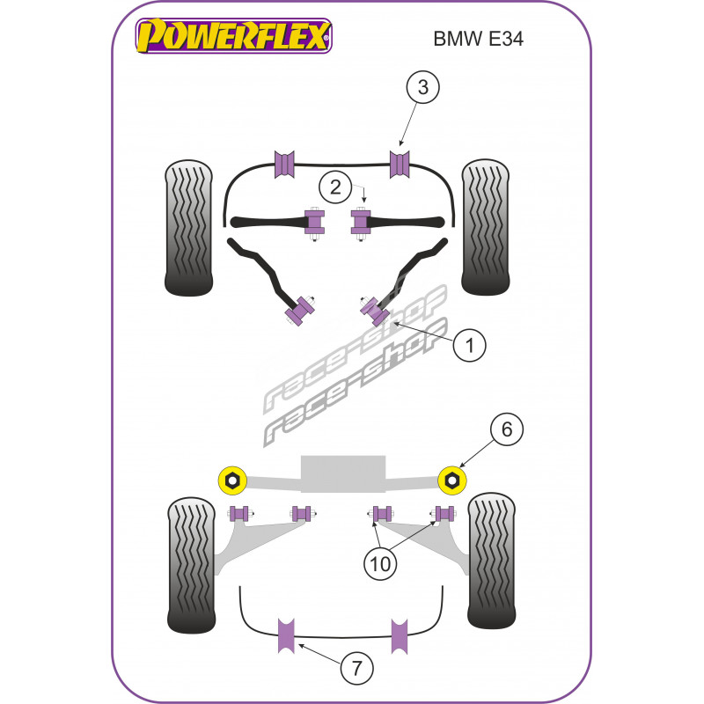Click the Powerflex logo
(232, 37)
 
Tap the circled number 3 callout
(422, 87)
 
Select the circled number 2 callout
(334, 186)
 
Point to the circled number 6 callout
(507, 430)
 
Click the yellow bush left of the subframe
(231, 479)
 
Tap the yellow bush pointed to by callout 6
(452, 479)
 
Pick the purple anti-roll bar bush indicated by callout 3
(400, 164)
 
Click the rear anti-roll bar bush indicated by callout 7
(286, 637)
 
